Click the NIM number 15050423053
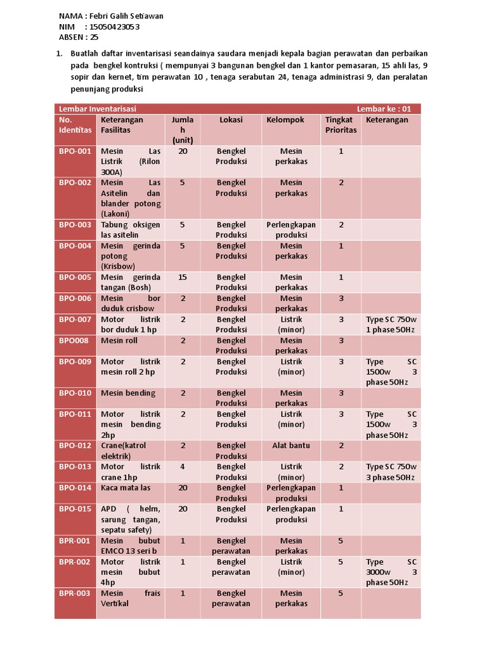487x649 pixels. point(116,27)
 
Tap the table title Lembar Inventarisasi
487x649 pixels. point(98,109)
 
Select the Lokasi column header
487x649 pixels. point(231,120)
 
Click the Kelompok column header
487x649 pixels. point(285,120)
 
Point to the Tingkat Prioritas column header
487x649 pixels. point(341,125)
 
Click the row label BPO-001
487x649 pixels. point(75,151)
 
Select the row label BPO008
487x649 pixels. point(74,340)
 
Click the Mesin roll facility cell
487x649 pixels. point(119,340)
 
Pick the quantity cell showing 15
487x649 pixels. point(183,277)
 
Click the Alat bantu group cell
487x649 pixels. point(291,446)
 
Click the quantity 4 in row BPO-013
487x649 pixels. point(183,466)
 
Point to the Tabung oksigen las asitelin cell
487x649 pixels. point(130,229)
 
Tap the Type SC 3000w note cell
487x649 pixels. point(391,572)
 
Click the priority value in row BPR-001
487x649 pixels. point(341,541)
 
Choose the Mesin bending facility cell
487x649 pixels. point(128,393)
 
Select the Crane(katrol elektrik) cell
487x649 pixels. point(123,451)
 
